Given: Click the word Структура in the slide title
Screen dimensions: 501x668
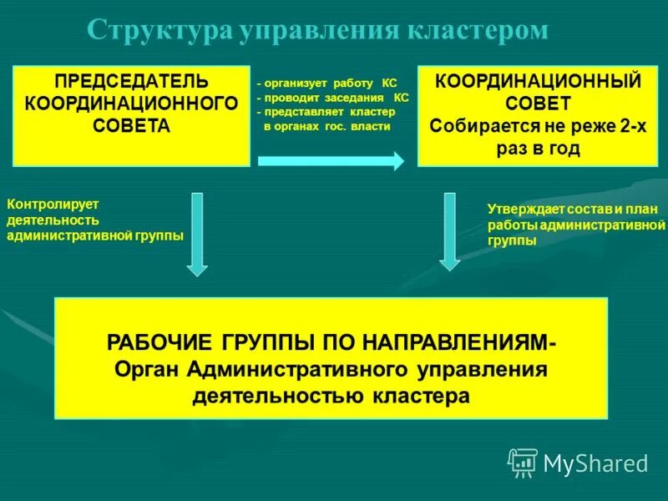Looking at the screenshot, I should coord(159,31).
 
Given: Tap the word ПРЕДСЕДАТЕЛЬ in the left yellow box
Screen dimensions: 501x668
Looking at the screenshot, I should coord(132,82).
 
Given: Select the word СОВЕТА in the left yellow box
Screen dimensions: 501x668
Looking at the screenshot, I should coord(131,125).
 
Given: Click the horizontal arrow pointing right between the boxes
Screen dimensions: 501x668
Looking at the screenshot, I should coord(331,162).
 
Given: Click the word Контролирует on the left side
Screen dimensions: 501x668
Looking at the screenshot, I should coord(53,204).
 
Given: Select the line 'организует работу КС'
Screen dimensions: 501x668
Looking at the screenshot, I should coord(326,83).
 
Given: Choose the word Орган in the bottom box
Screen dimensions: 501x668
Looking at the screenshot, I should coord(148,369).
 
